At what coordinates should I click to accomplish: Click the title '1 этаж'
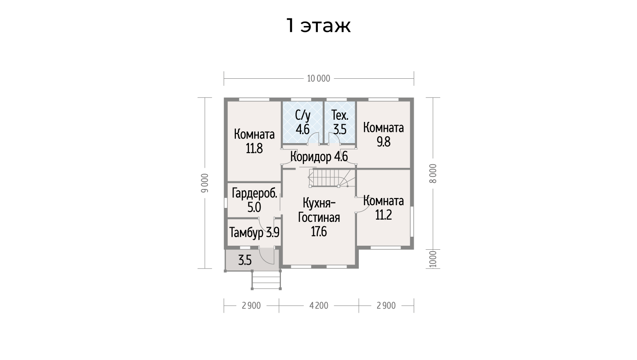tap(318, 26)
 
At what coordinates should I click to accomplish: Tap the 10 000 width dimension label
tap(319, 78)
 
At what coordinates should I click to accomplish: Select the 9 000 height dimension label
tap(205, 183)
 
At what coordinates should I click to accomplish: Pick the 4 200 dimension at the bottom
tap(319, 306)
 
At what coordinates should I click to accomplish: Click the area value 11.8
tap(254, 148)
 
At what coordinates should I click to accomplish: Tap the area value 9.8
tap(384, 142)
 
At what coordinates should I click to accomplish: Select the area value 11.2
tap(384, 215)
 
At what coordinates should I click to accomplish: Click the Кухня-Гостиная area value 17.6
tap(319, 232)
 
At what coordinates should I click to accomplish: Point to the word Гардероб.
tap(254, 193)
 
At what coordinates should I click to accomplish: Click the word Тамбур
tap(246, 233)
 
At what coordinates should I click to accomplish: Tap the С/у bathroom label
tap(303, 116)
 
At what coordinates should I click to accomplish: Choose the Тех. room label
tap(340, 116)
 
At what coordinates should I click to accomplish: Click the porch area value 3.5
tap(245, 260)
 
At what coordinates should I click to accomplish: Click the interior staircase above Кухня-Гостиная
tap(332, 178)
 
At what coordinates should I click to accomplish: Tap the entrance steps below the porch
tap(266, 280)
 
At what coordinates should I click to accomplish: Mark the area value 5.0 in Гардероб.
tap(254, 207)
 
